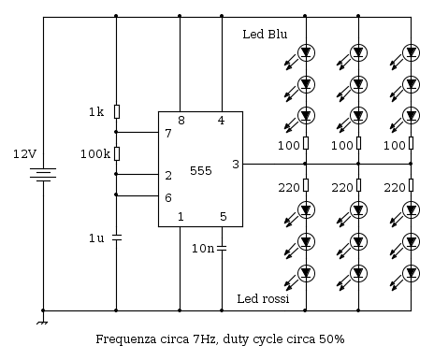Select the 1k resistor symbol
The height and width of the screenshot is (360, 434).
click(x=116, y=112)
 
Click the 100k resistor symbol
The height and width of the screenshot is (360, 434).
click(x=116, y=153)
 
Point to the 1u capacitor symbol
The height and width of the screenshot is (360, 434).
click(x=116, y=238)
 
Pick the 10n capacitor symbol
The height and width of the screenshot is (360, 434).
click(x=222, y=248)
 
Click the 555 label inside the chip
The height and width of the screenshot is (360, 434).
click(x=201, y=172)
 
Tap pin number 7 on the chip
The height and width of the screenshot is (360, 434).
click(x=168, y=133)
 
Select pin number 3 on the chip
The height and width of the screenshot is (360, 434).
click(x=235, y=165)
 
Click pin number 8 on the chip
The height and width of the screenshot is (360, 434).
click(x=181, y=121)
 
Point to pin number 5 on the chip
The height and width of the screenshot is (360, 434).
click(x=222, y=218)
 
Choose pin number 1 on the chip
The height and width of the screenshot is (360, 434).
click(x=181, y=218)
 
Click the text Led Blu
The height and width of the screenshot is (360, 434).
click(x=265, y=35)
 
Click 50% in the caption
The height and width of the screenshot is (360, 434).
click(x=332, y=338)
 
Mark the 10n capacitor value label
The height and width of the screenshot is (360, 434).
click(x=203, y=249)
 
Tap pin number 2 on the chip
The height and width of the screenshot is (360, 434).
click(x=168, y=175)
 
